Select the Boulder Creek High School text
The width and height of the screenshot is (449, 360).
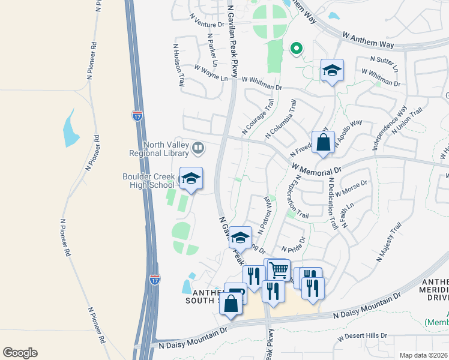tap(148, 181)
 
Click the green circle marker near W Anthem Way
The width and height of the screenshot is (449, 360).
tap(295, 49)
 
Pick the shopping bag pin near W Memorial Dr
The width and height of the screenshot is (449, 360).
tap(323, 143)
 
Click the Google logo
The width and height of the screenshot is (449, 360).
tap(20, 353)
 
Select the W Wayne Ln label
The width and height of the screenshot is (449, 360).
tap(211, 73)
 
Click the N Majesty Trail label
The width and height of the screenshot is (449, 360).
tap(388, 242)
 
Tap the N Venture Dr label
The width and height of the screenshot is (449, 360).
tap(206, 21)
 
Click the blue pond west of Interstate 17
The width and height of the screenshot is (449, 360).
tap(70, 128)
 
